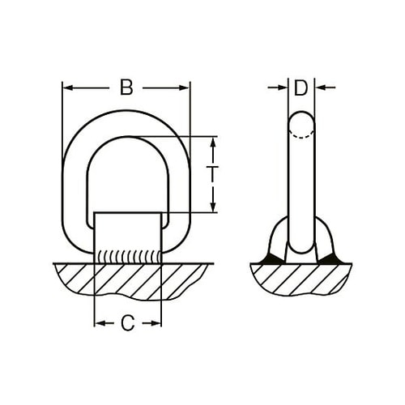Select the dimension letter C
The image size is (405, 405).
pyautogui.click(x=127, y=323)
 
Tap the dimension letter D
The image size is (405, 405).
pyautogui.click(x=301, y=87)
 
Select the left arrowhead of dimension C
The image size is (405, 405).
pyautogui.click(x=100, y=323)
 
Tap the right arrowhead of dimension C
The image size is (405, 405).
pyautogui.click(x=156, y=323)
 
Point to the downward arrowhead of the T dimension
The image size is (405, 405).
pyautogui.click(x=213, y=207)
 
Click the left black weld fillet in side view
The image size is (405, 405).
pyautogui.click(x=268, y=258)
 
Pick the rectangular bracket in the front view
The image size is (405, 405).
pyautogui.click(x=128, y=231)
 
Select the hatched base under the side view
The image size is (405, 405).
pyautogui.click(x=301, y=279)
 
